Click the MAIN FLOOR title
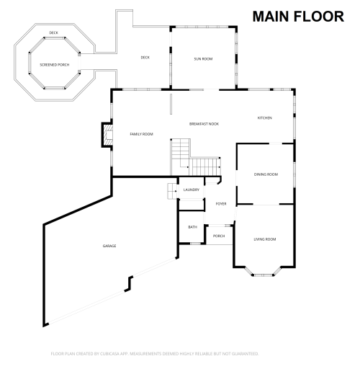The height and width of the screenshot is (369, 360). click(x=297, y=16)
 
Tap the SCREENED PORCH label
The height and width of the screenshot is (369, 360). click(x=54, y=65)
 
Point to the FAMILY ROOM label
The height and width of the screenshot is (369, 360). click(x=141, y=135)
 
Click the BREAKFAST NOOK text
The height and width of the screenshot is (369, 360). click(x=204, y=124)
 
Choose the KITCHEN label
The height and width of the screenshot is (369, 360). click(x=265, y=118)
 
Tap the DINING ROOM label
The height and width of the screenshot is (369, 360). click(x=266, y=174)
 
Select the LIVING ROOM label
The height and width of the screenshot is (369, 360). click(x=265, y=239)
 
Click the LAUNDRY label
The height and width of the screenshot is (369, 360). click(x=191, y=190)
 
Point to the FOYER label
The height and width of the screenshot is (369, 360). click(x=221, y=204)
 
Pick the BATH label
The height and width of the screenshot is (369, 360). click(x=192, y=227)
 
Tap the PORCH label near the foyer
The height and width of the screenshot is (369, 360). click(x=218, y=236)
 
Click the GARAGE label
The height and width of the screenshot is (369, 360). click(x=109, y=246)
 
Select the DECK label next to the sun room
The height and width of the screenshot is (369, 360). click(x=145, y=58)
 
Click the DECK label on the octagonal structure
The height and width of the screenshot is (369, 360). click(x=53, y=33)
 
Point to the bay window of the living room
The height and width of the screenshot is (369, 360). click(x=264, y=272)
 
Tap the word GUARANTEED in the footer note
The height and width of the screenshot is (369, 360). click(x=243, y=354)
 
